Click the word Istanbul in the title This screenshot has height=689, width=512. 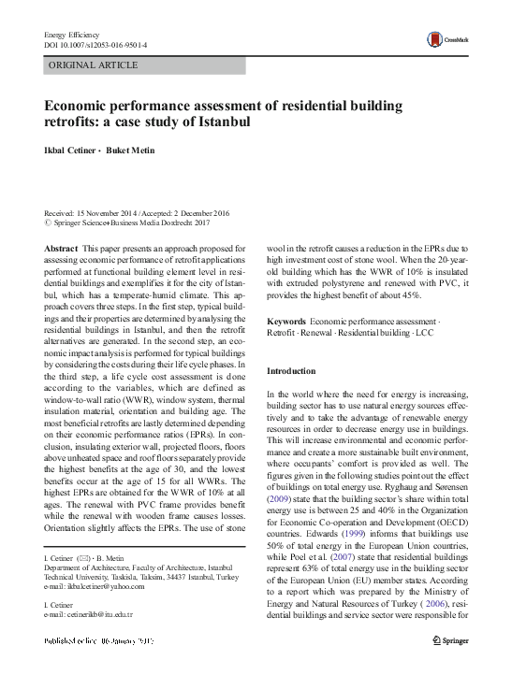pos(224,122)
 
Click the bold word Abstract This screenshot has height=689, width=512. pos(62,247)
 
